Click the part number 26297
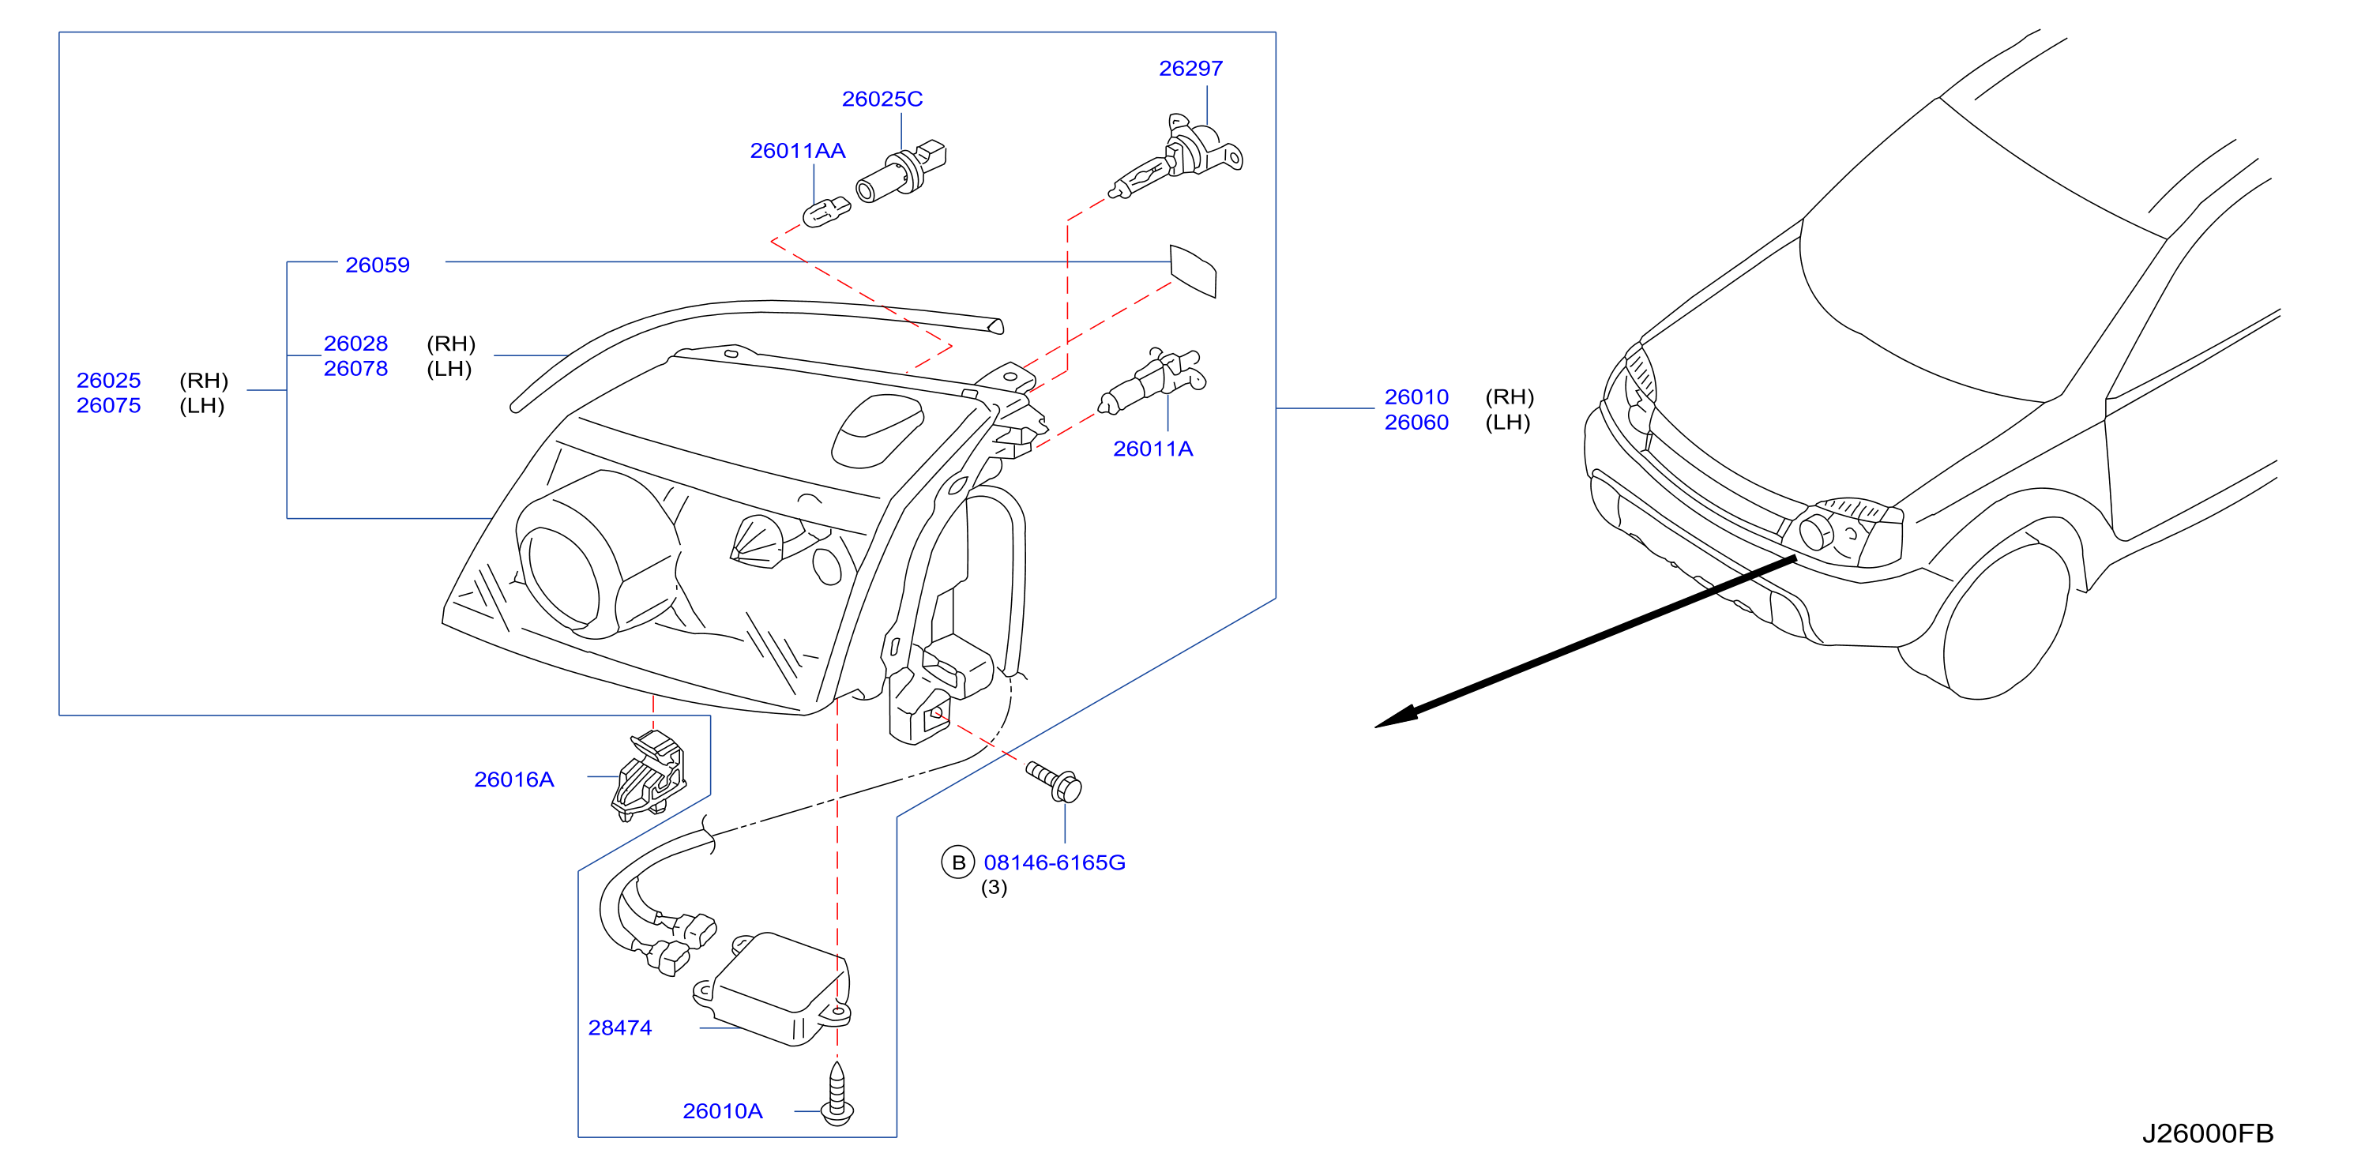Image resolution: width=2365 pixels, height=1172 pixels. point(1190,69)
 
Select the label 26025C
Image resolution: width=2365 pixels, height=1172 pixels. point(882,100)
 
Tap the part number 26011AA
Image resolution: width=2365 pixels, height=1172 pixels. point(797,151)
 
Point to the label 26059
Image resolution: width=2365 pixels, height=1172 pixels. point(378,265)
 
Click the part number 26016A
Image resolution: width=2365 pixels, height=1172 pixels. point(514,779)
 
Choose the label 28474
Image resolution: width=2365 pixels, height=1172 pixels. point(620,1028)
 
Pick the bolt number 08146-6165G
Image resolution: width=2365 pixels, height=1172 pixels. point(1054,862)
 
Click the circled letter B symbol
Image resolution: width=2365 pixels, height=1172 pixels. point(957,862)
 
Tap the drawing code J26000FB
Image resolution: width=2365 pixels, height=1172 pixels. point(2207,1133)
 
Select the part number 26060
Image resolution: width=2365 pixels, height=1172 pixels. point(1416,423)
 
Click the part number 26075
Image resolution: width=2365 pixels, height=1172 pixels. point(108,406)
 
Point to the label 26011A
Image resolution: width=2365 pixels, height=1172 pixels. point(1153,449)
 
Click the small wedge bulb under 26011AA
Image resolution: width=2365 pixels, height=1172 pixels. point(825,212)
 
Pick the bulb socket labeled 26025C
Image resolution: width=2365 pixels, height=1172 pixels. point(901,171)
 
